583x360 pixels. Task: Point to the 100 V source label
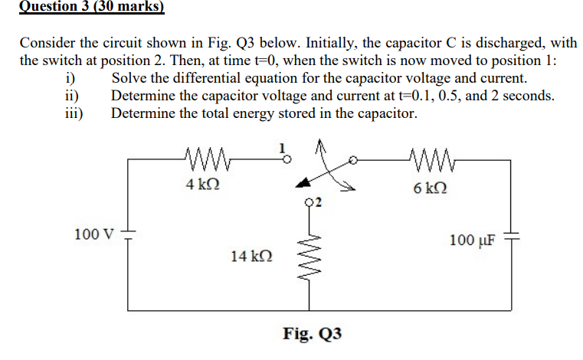93,233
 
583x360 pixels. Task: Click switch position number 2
319,202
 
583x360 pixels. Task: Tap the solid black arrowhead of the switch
304,182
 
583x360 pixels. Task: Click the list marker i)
71,78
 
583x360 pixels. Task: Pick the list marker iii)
75,113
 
